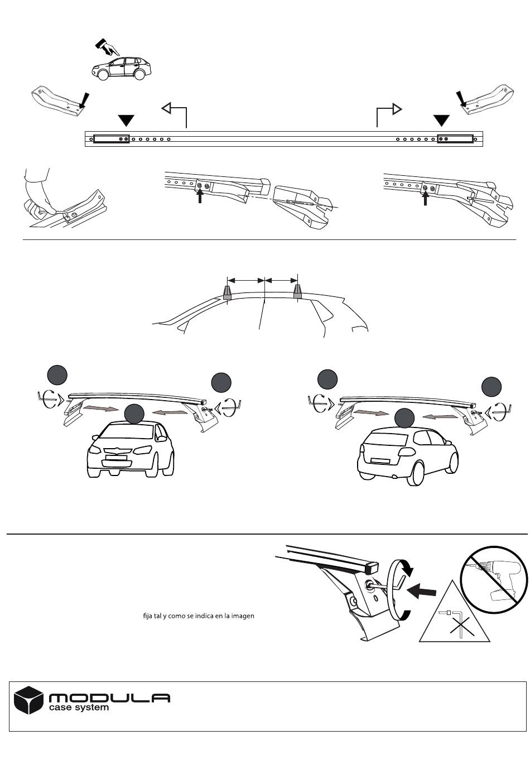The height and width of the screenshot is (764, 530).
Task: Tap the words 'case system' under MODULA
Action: pos(79,708)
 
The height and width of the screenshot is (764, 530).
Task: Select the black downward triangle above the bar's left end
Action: pos(126,121)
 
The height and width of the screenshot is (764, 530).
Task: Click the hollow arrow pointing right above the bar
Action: pos(389,114)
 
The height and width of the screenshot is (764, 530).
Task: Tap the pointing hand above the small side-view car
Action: pos(107,47)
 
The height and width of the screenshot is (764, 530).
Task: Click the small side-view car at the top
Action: pos(121,69)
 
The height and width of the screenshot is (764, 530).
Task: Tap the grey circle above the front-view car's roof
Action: pos(134,414)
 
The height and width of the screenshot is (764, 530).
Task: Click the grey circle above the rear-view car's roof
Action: pos(404,418)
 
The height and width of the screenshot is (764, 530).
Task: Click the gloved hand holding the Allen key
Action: pos(38,192)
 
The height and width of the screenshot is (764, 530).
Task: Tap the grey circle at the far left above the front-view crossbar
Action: pos(57,375)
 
